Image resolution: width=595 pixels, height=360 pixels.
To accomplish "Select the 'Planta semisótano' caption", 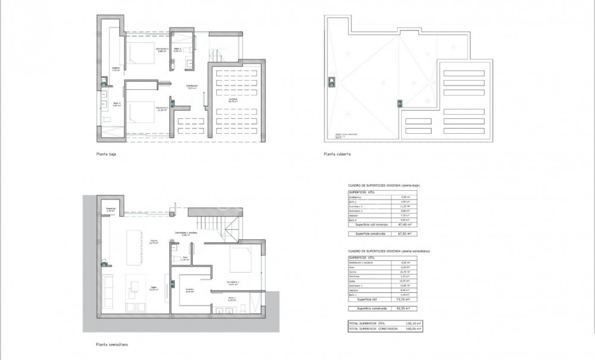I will point(111,344).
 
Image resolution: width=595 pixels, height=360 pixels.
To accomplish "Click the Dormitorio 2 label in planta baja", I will point(162,49).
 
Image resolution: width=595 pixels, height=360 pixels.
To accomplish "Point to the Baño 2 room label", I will point(177,50).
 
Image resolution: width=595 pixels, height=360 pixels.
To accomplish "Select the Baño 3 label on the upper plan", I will point(117,104).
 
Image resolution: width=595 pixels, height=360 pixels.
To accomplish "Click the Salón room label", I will point(153,288).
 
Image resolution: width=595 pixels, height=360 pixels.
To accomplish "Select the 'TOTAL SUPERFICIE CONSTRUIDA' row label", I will point(373,327).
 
